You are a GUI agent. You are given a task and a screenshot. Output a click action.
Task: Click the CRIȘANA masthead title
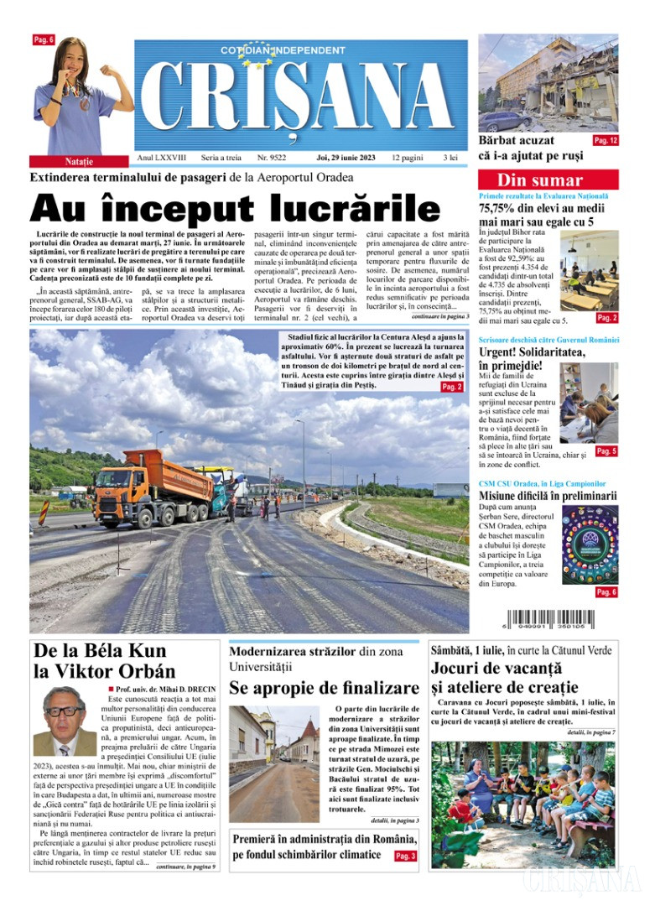coord(300,99)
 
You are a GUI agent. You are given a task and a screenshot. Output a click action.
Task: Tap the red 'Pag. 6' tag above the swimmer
coord(44,40)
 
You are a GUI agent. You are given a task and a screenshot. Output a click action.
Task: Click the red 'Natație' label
coord(79,160)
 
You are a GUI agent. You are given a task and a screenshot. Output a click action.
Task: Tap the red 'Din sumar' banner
coord(548,180)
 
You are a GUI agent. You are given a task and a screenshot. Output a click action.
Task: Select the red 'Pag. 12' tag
coord(606,141)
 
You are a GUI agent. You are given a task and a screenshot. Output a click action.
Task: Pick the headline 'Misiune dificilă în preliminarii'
coord(547,496)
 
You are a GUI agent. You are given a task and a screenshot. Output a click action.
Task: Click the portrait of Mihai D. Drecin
coord(65,721)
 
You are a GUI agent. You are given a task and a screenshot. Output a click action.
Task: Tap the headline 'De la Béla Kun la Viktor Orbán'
coord(104,661)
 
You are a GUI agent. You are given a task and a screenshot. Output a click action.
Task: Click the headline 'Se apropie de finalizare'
coord(323,689)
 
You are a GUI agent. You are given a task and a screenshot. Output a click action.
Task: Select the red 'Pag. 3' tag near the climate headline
coord(405,856)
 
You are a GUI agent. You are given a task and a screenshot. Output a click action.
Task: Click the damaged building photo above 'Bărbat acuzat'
coord(548,82)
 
